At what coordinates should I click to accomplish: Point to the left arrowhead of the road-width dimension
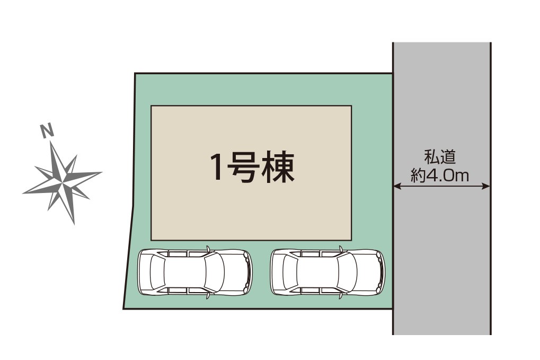coord(396,186)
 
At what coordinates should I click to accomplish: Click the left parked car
coord(195,272)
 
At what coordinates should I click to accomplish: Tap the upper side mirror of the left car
coord(208,247)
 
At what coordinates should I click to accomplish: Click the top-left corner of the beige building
coord(152,106)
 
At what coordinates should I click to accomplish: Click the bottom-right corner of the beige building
coord(351,240)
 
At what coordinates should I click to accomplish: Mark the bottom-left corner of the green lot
coord(124,308)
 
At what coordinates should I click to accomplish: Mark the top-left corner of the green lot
coord(135,74)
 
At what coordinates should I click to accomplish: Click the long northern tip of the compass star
coord(51,143)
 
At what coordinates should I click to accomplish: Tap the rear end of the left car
coord(140,272)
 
